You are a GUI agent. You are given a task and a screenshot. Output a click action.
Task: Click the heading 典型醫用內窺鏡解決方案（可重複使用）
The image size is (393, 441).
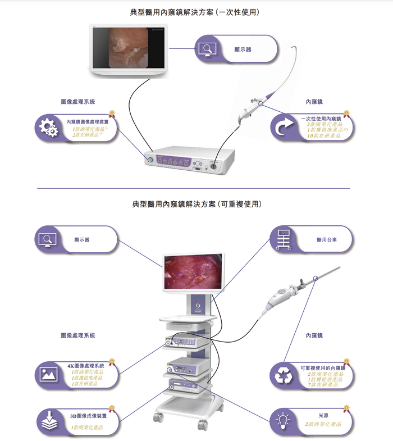click(196, 203)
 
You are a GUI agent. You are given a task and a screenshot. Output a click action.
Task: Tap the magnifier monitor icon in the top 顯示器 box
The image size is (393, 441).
click(207, 49)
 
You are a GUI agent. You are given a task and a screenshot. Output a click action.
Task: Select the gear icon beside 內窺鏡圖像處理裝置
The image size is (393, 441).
click(47, 127)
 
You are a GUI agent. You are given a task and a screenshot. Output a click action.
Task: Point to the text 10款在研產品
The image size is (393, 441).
click(325, 136)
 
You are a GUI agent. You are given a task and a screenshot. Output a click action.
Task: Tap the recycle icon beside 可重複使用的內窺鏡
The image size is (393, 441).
click(284, 376)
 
